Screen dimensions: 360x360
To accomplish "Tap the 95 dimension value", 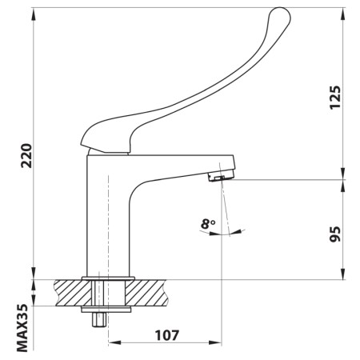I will click(x=334, y=233).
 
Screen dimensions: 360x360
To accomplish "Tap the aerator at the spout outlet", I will click(x=216, y=174).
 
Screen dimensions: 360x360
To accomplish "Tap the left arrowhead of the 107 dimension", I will click(x=113, y=344).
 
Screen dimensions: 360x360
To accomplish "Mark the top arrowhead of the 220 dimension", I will click(x=34, y=11).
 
